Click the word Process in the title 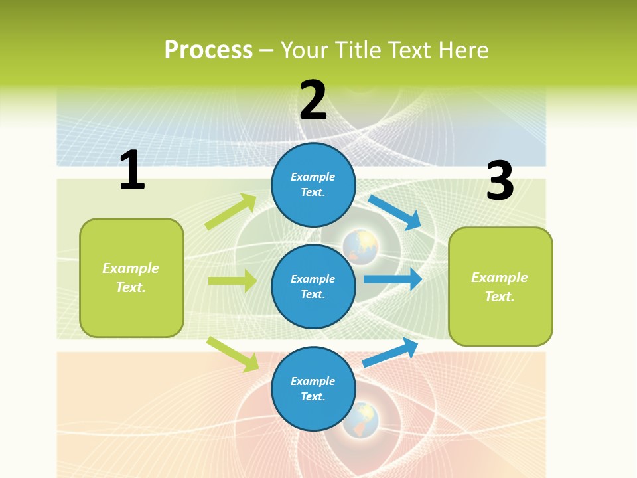pos(208,50)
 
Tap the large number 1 pos(132,170)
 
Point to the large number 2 pos(313,100)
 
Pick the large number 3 pos(500,181)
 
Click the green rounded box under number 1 pos(131,278)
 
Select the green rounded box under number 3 pos(500,286)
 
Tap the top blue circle pos(313,185)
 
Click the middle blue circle pos(313,286)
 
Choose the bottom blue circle pos(313,388)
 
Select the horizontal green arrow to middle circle pos(232,281)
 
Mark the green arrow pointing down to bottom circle pos(233,354)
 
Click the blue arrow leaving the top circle pos(395,212)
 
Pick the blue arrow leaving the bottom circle pos(390,353)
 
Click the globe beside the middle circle pos(360,246)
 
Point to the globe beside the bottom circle pos(360,419)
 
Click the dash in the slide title pos(266,50)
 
